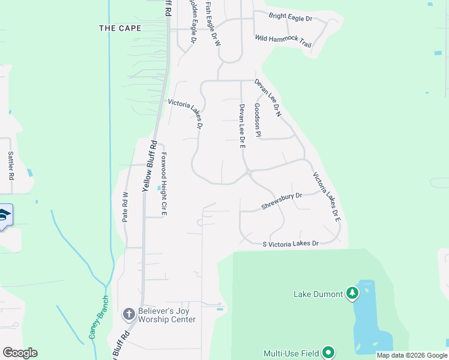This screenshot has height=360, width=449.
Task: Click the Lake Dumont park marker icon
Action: (x=352, y=293)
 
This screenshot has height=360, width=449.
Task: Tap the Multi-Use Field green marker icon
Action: (x=328, y=353)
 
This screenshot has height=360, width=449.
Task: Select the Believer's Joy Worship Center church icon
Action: (x=128, y=314)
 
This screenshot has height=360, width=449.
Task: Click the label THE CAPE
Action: (x=120, y=28)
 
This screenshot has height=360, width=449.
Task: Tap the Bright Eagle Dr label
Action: (x=291, y=18)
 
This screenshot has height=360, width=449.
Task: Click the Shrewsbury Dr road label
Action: (x=282, y=201)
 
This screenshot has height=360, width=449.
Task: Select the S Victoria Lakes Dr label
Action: (x=291, y=244)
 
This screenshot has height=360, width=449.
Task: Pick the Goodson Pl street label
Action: (x=257, y=120)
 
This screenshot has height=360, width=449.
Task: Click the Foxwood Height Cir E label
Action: (x=163, y=183)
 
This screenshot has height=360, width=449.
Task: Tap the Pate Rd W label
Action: (x=125, y=207)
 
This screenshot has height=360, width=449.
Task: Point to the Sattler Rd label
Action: (x=11, y=166)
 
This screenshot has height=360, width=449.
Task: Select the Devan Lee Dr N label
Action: (x=268, y=97)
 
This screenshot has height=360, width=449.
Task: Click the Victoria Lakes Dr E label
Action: (x=327, y=197)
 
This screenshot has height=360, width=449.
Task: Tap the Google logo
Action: (x=20, y=353)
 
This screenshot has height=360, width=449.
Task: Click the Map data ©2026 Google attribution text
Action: (x=412, y=355)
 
